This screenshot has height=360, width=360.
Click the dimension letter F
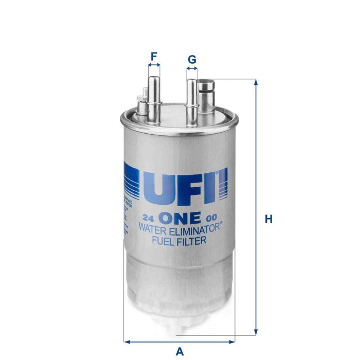[154, 56]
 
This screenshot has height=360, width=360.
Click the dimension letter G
[192, 60]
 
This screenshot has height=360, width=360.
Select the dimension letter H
[268, 219]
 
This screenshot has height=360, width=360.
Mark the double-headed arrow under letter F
[154, 66]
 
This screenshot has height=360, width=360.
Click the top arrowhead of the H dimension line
[256, 82]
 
